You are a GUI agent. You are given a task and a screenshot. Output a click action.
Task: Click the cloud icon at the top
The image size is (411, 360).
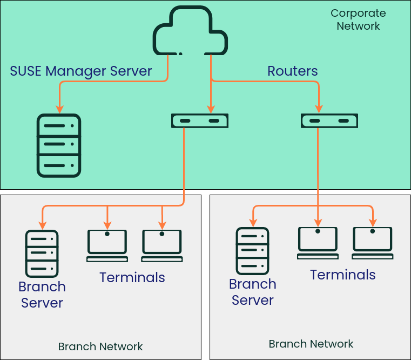click(x=190, y=31)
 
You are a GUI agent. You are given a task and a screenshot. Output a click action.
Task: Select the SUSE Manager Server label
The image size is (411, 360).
click(x=81, y=71)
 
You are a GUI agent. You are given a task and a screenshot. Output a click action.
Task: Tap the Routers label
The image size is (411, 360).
click(x=293, y=71)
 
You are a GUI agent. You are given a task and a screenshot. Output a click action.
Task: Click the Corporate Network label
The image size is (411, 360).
click(x=358, y=19)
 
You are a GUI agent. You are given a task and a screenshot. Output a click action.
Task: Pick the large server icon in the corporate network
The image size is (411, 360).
click(x=59, y=145)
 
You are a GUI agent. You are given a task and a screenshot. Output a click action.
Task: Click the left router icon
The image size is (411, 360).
click(x=199, y=121)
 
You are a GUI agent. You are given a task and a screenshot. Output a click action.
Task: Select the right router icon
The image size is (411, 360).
click(x=329, y=121)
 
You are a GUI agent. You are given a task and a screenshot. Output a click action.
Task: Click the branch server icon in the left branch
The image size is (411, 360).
click(x=42, y=254)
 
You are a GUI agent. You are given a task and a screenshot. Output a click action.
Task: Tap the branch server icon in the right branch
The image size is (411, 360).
click(x=252, y=251)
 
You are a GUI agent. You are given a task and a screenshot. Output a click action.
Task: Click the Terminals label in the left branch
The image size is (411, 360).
click(x=132, y=277)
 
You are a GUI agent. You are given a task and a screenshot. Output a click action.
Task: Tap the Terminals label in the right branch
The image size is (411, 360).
click(x=342, y=275)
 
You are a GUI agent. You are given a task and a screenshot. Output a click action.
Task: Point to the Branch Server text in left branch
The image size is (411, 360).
click(x=42, y=295)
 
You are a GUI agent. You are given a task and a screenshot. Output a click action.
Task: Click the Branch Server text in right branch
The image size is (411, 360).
click(x=253, y=292)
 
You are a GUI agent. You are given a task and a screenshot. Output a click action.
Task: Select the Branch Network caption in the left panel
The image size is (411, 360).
click(x=100, y=346)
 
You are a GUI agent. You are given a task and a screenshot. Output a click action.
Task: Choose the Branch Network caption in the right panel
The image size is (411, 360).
click(x=311, y=344)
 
